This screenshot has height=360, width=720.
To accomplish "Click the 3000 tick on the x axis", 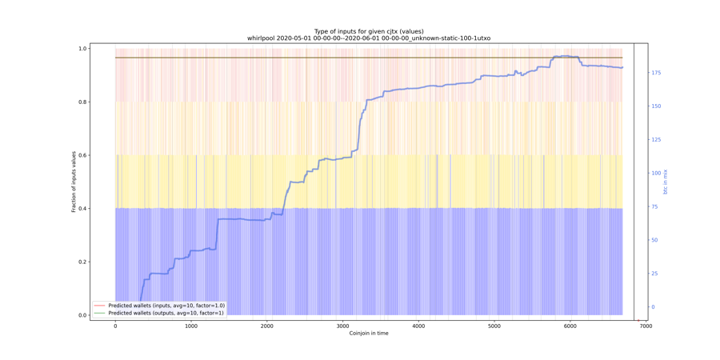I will (342, 326).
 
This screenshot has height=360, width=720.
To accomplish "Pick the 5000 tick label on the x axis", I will (494, 326).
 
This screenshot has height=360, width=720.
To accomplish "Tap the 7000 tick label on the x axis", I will (646, 326).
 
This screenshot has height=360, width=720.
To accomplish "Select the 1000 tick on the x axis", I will (191, 326).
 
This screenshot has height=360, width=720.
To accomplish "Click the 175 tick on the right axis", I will (656, 73).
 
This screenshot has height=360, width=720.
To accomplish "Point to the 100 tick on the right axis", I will (656, 173).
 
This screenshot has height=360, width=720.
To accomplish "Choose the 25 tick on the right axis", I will (654, 274).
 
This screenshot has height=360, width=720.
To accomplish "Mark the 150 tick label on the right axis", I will (656, 106).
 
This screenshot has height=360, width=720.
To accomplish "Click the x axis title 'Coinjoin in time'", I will (369, 334).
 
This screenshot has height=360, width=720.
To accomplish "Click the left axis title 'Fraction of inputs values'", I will (74, 182).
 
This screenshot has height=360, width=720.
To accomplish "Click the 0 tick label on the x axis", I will (115, 326).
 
